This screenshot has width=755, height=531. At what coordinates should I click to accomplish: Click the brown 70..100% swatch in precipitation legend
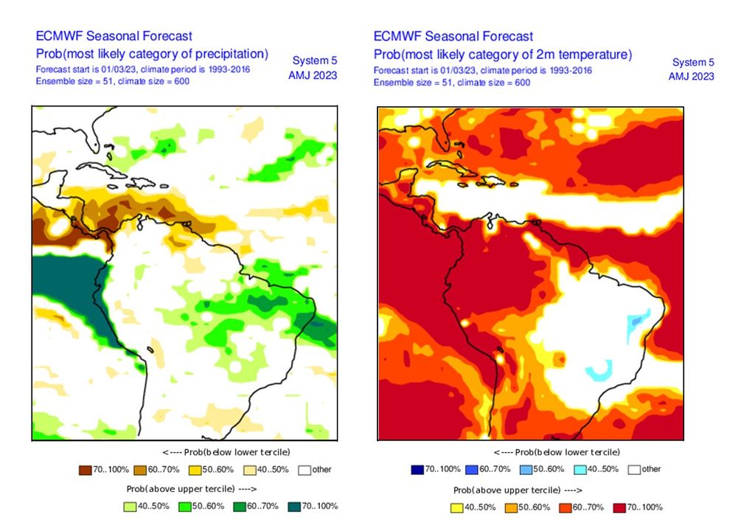tap(84, 470)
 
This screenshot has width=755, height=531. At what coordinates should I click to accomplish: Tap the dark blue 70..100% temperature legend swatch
tap(417, 469)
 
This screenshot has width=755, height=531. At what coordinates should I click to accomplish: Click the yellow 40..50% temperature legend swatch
tap(456, 507)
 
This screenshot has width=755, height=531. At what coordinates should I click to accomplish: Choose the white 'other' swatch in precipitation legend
tap(305, 470)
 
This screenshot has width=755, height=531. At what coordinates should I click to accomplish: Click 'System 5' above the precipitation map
tap(315, 60)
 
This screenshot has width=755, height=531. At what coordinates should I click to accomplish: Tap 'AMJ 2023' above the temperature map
tap(691, 77)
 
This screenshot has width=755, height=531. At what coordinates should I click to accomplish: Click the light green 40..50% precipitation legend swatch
tap(128, 507)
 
